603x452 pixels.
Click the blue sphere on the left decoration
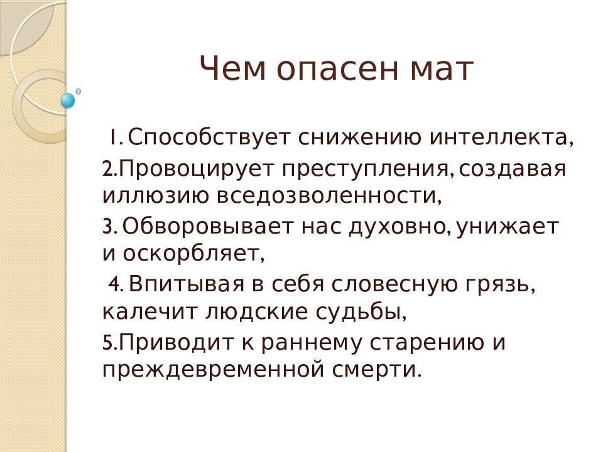(x=68, y=100)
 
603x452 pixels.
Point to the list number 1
(x=115, y=137)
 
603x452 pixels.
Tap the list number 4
(x=116, y=284)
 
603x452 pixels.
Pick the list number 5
(x=109, y=343)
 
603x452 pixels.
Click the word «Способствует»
(x=208, y=137)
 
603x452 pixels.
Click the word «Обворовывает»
(x=208, y=227)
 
